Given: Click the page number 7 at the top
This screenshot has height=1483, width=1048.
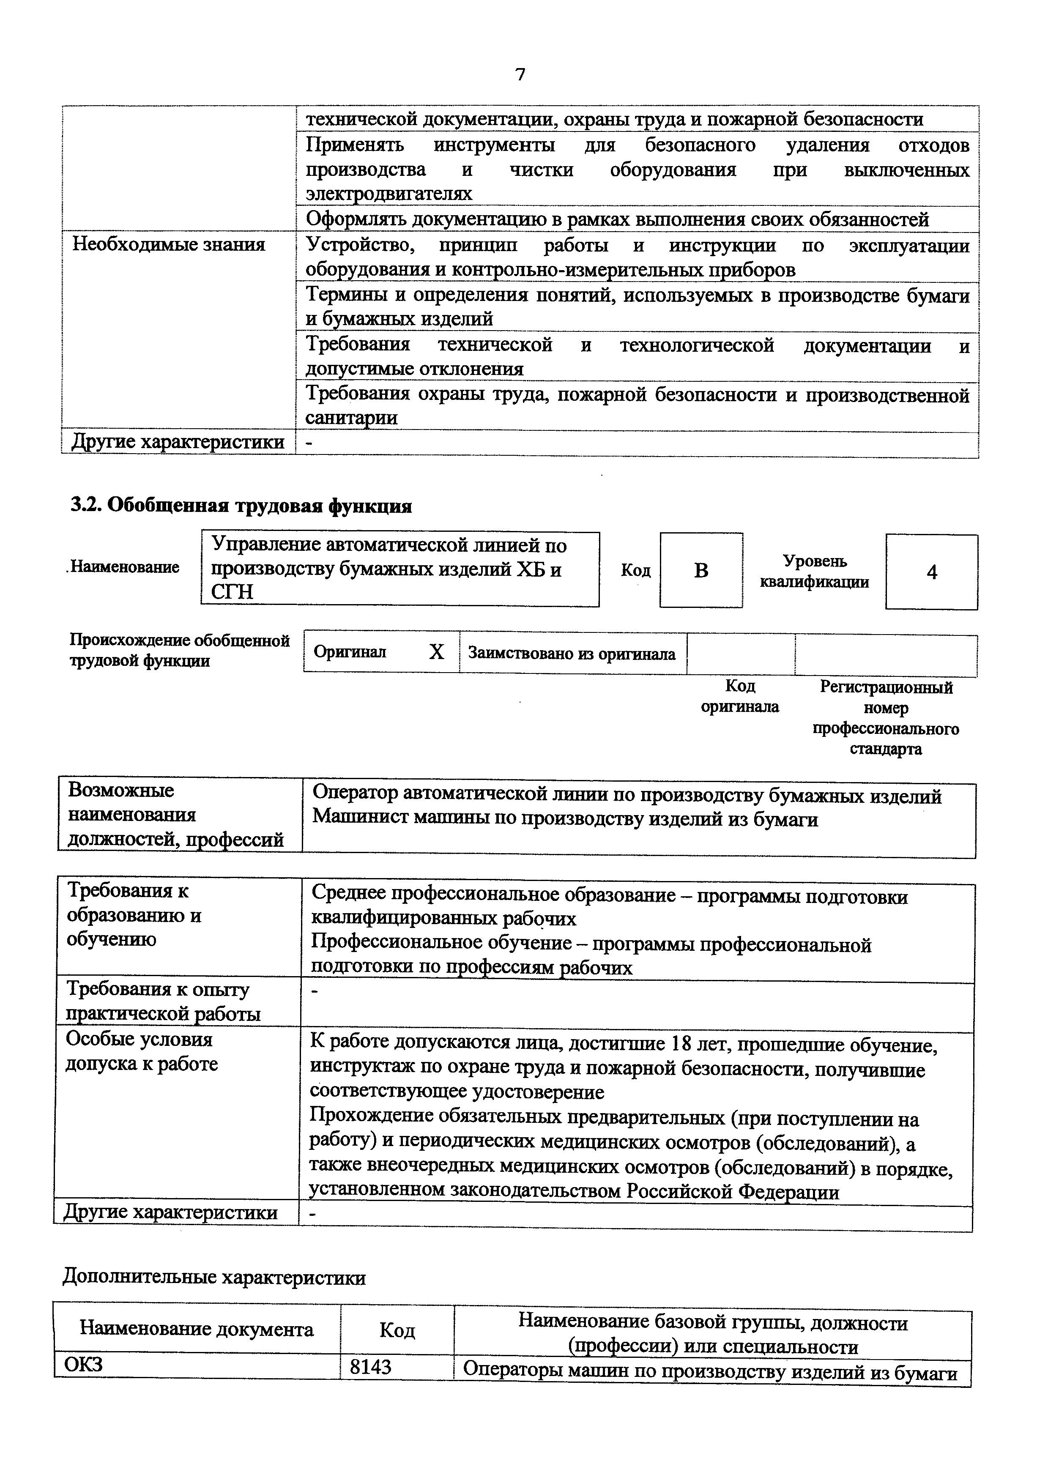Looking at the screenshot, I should click(520, 75).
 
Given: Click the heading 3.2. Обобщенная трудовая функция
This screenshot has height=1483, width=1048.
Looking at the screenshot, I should click(240, 506).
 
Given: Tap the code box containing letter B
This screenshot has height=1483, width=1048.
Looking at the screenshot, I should click(701, 570).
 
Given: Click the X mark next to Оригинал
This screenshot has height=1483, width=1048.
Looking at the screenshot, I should click(437, 652).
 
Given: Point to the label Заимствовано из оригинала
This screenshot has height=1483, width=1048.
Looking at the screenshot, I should click(572, 654).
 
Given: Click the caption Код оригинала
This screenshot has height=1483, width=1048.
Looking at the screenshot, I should click(740, 696).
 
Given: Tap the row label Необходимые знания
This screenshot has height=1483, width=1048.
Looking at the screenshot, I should click(169, 245).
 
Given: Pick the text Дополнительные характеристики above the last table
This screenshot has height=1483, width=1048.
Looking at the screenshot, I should click(214, 1278).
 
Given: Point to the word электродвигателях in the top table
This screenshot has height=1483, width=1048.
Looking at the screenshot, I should click(389, 194).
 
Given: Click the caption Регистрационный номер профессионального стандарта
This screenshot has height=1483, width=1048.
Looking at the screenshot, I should click(886, 717).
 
